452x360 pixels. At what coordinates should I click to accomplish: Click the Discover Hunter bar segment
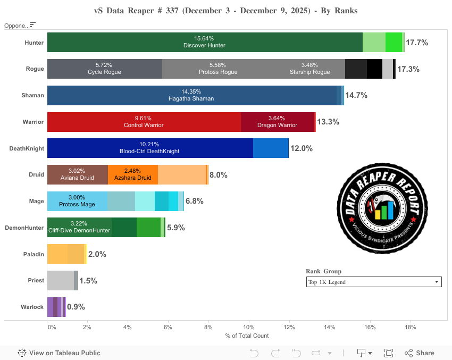pyautogui.click(x=205, y=42)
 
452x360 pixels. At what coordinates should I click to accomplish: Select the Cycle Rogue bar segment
pyautogui.click(x=105, y=69)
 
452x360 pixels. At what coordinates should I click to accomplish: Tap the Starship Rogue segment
pyautogui.click(x=309, y=69)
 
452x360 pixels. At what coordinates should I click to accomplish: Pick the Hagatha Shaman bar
pyautogui.click(x=191, y=95)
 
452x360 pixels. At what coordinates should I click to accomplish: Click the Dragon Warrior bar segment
pyautogui.click(x=277, y=122)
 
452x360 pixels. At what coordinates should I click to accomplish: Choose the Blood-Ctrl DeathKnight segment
pyautogui.click(x=150, y=148)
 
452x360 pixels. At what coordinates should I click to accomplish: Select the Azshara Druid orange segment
pyautogui.click(x=133, y=174)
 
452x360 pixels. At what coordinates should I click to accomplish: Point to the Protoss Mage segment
pyautogui.click(x=77, y=201)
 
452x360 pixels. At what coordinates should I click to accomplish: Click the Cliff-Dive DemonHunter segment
pyautogui.click(x=79, y=227)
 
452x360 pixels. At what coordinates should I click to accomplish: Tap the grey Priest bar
pyautogui.click(x=61, y=280)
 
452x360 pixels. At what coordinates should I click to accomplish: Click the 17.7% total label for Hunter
pyautogui.click(x=417, y=43)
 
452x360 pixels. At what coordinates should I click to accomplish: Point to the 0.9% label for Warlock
pyautogui.click(x=76, y=307)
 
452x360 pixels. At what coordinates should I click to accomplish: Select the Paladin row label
pyautogui.click(x=34, y=254)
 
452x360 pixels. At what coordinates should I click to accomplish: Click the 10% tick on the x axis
pyautogui.click(x=248, y=327)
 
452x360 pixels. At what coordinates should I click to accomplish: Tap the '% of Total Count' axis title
pyautogui.click(x=247, y=336)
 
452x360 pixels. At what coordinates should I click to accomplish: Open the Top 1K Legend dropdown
pyautogui.click(x=374, y=282)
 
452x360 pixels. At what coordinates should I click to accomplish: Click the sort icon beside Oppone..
pyautogui.click(x=33, y=24)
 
